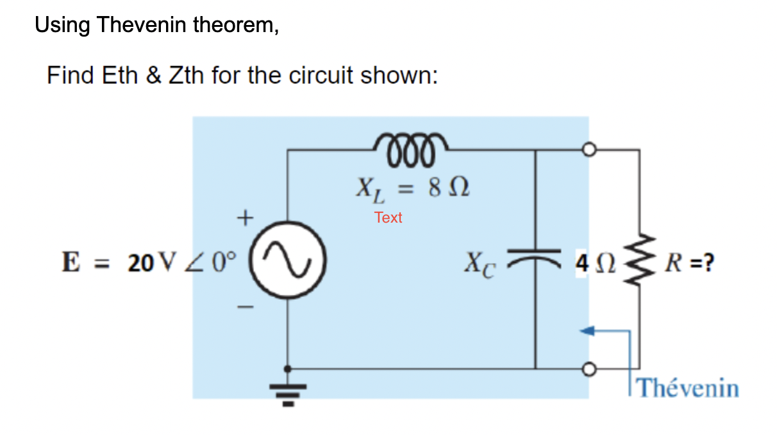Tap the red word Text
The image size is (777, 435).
tap(388, 218)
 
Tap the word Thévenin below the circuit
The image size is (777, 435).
tap(689, 389)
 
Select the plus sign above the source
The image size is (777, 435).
tap(244, 218)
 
